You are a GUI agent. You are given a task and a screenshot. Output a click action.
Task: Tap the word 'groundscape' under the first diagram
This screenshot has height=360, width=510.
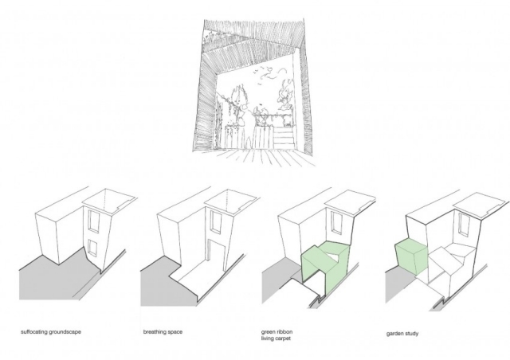(x=65, y=332)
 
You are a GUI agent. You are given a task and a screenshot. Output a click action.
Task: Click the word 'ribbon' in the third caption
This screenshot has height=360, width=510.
(x=284, y=332)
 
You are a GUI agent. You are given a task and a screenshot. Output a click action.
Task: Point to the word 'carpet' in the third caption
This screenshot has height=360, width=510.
(x=283, y=338)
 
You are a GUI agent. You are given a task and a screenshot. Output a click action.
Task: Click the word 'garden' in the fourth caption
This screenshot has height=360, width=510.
(x=394, y=334)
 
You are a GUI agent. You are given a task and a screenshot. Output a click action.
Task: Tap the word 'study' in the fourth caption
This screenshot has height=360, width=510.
(x=411, y=334)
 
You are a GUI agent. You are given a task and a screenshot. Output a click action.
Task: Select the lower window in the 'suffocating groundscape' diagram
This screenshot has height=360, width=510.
(x=92, y=248)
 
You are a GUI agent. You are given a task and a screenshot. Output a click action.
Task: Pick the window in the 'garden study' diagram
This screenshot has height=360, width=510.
(x=464, y=224)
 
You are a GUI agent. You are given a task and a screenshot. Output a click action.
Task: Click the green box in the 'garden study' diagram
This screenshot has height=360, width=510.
(x=410, y=256)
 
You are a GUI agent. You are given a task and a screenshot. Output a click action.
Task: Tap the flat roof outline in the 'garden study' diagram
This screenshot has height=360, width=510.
(x=479, y=205)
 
